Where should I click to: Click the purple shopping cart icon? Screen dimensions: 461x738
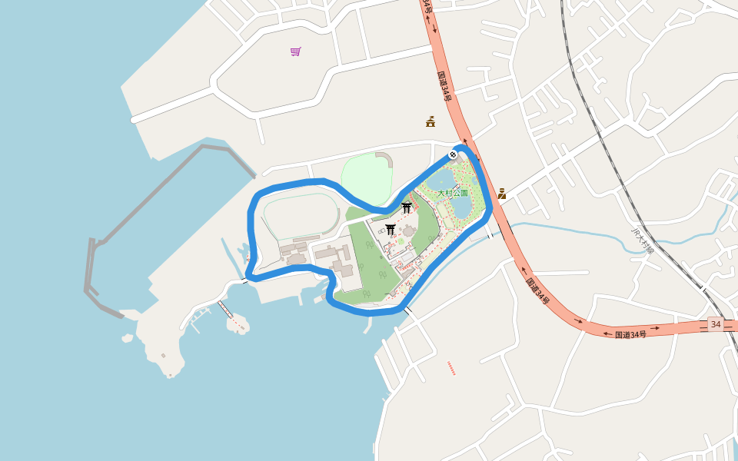(x=296, y=51)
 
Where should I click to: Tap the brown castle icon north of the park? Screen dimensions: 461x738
(x=430, y=121)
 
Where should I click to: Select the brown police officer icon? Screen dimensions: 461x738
(x=501, y=193)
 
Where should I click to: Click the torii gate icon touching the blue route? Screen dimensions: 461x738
(x=407, y=207)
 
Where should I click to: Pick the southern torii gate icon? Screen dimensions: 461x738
(x=391, y=229)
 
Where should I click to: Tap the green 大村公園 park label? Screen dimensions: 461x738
(x=453, y=194)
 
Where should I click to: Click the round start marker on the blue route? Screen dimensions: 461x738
(x=453, y=154)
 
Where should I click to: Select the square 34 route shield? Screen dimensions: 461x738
(x=716, y=324)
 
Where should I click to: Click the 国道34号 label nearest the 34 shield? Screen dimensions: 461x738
(x=630, y=334)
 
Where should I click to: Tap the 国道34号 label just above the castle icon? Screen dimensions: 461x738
(x=445, y=87)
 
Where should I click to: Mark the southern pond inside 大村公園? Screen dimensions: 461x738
(x=462, y=207)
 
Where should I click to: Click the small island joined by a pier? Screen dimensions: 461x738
(x=238, y=323)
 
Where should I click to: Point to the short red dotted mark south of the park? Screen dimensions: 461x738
(x=451, y=368)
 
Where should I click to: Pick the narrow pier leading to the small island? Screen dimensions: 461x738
(x=224, y=309)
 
